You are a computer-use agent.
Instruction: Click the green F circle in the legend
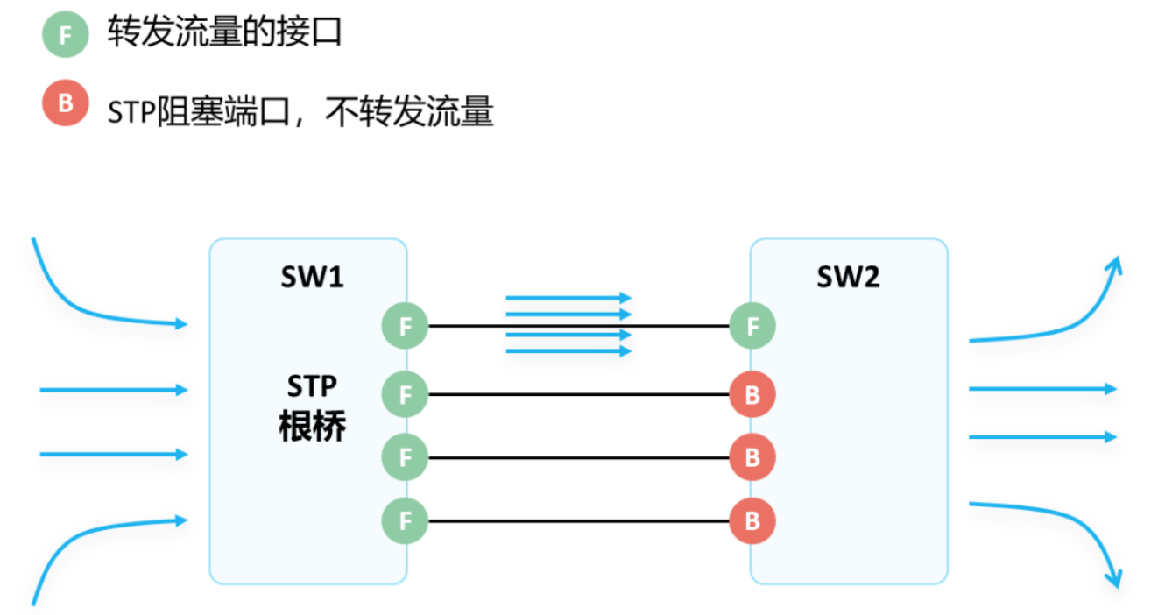tap(65, 35)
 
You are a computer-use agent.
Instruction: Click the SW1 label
tap(312, 277)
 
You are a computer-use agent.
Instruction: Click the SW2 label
tap(848, 277)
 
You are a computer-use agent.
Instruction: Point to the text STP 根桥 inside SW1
tap(312, 407)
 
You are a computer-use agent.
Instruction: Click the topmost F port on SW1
tap(405, 327)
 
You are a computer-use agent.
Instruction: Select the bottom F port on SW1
tap(405, 521)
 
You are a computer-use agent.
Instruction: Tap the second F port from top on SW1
tap(405, 394)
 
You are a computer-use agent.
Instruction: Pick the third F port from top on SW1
tap(405, 457)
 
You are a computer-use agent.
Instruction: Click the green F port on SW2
tap(752, 327)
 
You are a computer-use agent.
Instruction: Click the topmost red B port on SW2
tap(752, 394)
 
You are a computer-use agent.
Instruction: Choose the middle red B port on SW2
tap(752, 457)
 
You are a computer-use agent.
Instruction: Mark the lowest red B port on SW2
tap(752, 521)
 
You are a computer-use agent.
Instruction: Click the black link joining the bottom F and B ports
tap(578, 521)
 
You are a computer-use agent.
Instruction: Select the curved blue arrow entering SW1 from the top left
tap(79, 302)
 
